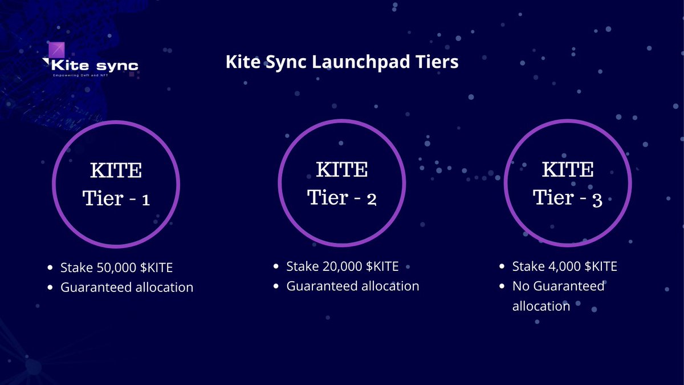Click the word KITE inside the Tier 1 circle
(x=116, y=170)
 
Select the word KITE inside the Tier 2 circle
(x=342, y=170)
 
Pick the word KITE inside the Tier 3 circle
(x=568, y=170)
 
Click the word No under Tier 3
(x=521, y=286)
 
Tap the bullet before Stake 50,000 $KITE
(x=51, y=267)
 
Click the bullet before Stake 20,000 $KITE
(x=276, y=266)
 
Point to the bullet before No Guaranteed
(x=502, y=286)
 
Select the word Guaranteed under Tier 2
(x=322, y=286)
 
